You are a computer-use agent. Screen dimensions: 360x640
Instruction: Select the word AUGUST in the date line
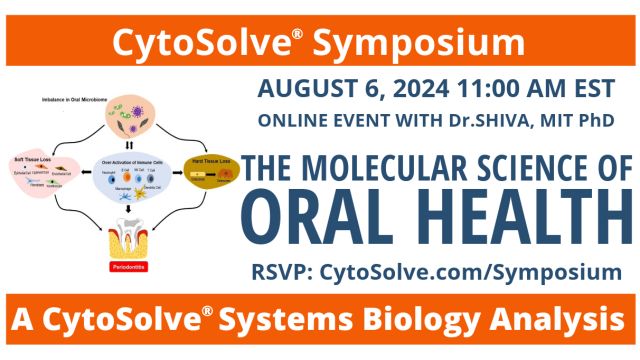pos(302,88)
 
